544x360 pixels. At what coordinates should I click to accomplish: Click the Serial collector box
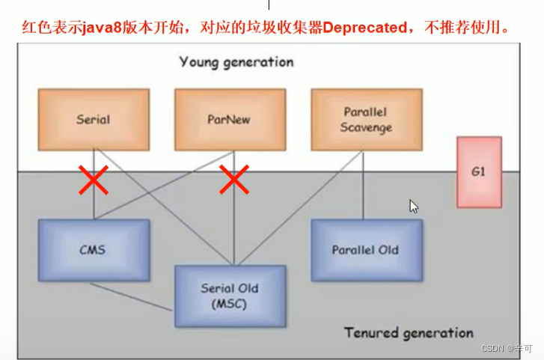pyautogui.click(x=93, y=119)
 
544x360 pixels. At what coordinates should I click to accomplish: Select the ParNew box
pyautogui.click(x=230, y=119)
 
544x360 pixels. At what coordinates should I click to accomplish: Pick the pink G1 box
pyautogui.click(x=479, y=171)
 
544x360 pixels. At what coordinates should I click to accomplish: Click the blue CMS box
pyautogui.click(x=93, y=250)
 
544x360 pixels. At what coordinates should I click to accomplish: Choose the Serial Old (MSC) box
pyautogui.click(x=230, y=296)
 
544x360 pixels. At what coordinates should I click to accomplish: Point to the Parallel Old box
pyautogui.click(x=365, y=250)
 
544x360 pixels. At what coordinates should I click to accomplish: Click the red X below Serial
pyautogui.click(x=94, y=180)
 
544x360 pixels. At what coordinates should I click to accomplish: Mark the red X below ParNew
pyautogui.click(x=234, y=180)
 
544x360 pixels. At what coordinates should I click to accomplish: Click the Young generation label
pyautogui.click(x=236, y=61)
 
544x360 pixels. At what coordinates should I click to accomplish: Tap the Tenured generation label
pyautogui.click(x=409, y=332)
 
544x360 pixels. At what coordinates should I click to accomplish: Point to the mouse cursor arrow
pyautogui.click(x=413, y=206)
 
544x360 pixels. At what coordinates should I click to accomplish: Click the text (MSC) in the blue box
pyautogui.click(x=230, y=303)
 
